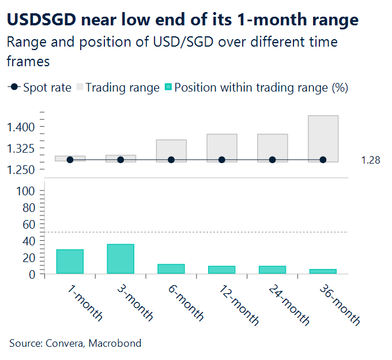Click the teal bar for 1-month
coord(70,262)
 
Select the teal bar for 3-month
coord(120,259)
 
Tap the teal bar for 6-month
coord(171,269)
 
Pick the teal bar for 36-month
coord(323,271)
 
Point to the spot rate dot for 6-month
coord(171,160)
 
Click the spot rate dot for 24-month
coord(272,160)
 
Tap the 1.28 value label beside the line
coord(371,160)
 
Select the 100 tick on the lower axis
coord(28,191)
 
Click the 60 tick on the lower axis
coord(31,224)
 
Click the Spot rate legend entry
coord(47,88)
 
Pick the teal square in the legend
coord(168,88)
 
